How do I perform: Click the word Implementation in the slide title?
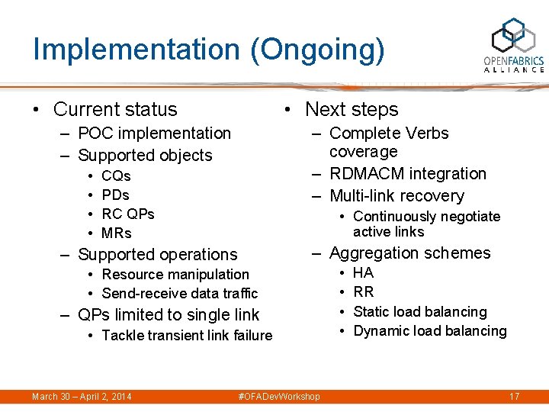(136, 50)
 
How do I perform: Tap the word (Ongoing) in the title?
(315, 50)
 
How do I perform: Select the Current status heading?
(115, 110)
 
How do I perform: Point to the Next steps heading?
(352, 110)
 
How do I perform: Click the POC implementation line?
(154, 134)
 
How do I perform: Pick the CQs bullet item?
(116, 176)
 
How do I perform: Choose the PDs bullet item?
(115, 195)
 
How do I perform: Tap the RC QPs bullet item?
(128, 214)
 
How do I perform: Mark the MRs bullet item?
(117, 233)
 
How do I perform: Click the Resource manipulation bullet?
(175, 275)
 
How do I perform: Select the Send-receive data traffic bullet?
(180, 294)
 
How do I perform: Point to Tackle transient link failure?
(187, 336)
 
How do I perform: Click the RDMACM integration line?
(407, 174)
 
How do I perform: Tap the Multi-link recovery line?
(396, 196)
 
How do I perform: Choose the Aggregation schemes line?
(410, 253)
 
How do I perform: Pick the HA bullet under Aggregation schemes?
(364, 272)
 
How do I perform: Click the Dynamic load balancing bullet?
(430, 331)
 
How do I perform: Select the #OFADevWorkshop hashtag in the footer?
(279, 397)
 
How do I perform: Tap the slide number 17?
(514, 397)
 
